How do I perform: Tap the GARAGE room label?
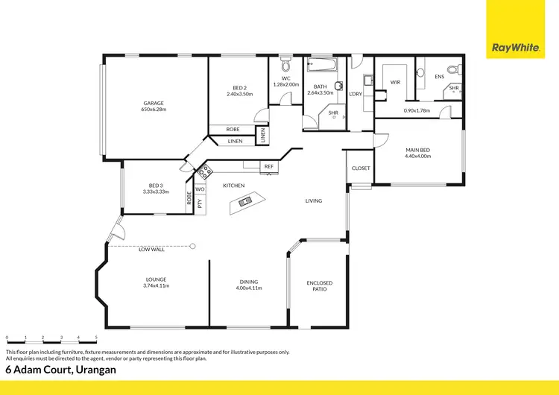point(154,104)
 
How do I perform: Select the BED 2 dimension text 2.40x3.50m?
point(240,95)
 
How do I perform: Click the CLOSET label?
point(361,168)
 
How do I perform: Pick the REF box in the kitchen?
point(268,166)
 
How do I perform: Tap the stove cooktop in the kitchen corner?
point(203,174)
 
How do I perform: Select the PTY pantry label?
point(200,203)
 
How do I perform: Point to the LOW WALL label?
point(151,250)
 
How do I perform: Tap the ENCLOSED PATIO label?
point(319,285)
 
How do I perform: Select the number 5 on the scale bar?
point(96,338)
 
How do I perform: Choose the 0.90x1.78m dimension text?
point(417,111)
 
